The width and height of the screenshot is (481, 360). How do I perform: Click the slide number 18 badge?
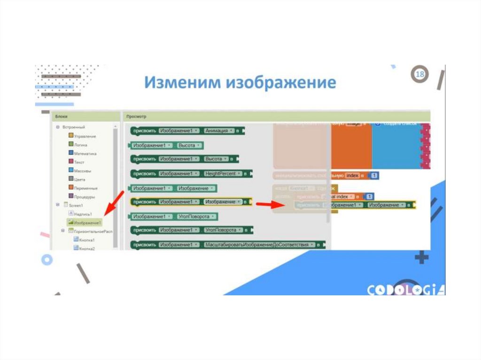coord(420,75)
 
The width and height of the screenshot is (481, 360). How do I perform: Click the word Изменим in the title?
coord(183,83)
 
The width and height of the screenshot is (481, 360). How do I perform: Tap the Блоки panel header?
coord(62,116)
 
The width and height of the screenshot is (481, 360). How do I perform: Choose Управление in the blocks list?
coord(85,136)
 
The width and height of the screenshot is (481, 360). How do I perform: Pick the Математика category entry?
coord(85,153)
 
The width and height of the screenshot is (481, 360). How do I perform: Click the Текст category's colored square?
coord(70,162)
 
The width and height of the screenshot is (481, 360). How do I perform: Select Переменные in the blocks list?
coord(86,188)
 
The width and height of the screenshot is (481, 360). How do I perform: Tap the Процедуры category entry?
coord(85,197)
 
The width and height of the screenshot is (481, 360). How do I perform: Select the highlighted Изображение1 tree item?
coord(87,222)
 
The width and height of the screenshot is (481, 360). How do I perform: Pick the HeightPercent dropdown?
coord(223,174)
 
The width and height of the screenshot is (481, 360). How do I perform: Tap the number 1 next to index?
coord(374,176)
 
